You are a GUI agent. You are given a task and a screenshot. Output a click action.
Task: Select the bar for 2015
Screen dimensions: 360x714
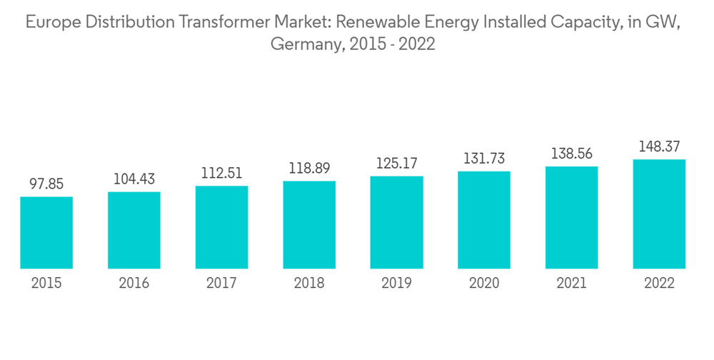(x=46, y=233)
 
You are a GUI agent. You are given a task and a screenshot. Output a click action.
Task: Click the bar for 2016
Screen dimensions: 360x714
(x=134, y=230)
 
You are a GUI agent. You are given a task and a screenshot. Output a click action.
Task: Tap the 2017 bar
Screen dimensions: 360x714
(x=221, y=227)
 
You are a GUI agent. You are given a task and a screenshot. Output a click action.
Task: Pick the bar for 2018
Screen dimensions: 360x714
(x=309, y=225)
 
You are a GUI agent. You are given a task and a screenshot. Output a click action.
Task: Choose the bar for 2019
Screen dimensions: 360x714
(x=396, y=222)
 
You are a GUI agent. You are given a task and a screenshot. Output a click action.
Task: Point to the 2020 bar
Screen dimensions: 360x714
(x=484, y=220)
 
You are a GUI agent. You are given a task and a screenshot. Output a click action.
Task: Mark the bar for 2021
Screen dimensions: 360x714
(x=571, y=218)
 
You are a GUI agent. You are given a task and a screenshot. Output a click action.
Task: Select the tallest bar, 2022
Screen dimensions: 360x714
(x=659, y=214)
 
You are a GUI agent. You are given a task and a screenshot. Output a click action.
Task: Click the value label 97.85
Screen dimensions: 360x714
(x=46, y=184)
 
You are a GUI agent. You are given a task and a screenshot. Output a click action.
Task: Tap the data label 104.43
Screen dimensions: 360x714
(x=134, y=179)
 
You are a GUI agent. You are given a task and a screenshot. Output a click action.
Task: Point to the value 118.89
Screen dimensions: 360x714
(x=309, y=169)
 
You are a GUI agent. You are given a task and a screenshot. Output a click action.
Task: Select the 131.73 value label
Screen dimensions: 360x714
(x=484, y=159)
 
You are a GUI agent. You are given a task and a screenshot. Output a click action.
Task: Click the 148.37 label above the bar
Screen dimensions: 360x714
(x=659, y=146)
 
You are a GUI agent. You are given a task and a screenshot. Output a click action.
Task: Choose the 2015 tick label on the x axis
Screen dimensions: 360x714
(x=46, y=284)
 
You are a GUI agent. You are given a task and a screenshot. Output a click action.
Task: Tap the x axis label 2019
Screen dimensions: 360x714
(x=396, y=284)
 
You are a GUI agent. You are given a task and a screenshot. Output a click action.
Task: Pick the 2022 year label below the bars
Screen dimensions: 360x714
(x=659, y=284)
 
